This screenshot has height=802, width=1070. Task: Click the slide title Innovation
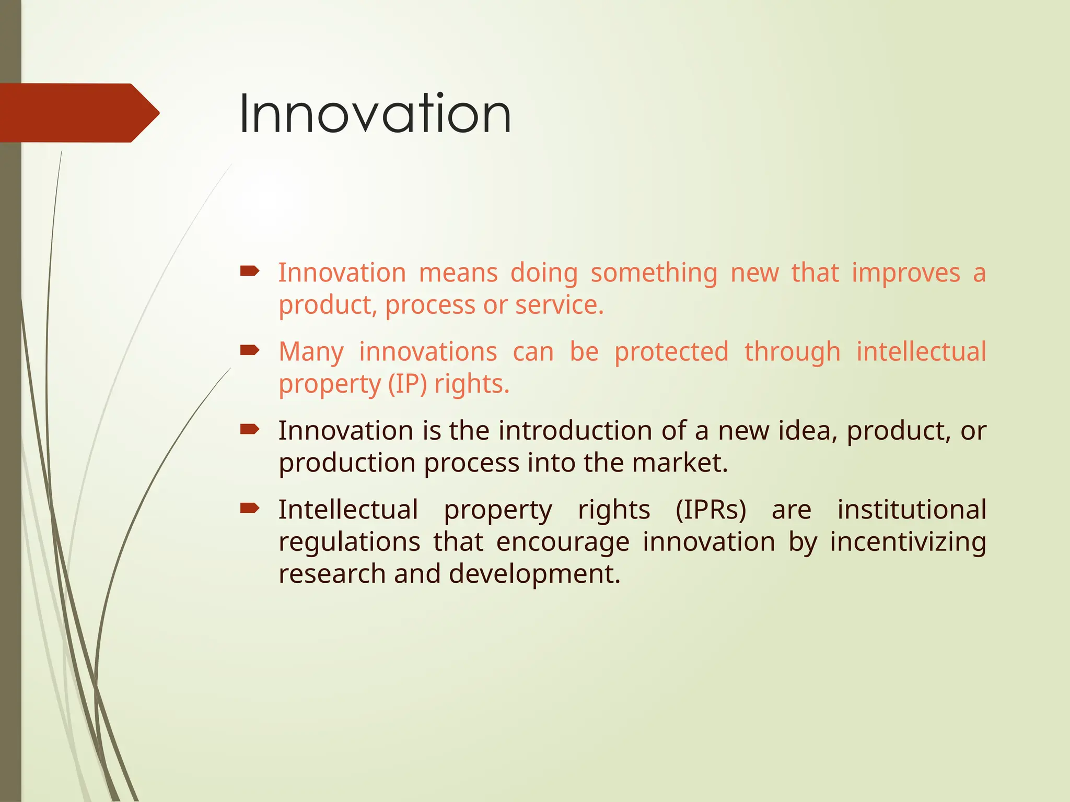(375, 113)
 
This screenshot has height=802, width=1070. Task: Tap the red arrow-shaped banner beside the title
(78, 113)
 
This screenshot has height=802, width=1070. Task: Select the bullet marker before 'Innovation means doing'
(250, 270)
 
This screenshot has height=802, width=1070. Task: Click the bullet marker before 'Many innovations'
(250, 350)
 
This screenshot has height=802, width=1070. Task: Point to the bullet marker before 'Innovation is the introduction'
(250, 429)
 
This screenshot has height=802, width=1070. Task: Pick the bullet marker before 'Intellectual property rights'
(250, 508)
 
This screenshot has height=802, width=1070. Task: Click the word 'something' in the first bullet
(654, 274)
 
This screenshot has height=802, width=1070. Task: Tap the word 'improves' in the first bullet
(905, 274)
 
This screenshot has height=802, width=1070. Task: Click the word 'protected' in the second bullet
(671, 352)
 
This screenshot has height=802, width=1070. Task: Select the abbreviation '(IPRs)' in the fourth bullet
(711, 510)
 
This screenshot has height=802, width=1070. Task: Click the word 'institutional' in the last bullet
(911, 510)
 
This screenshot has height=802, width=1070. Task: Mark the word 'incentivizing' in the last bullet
(908, 542)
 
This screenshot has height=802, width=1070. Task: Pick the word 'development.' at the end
(534, 574)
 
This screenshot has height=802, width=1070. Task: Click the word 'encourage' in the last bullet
(562, 542)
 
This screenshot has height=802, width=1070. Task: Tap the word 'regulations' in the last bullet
(349, 542)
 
